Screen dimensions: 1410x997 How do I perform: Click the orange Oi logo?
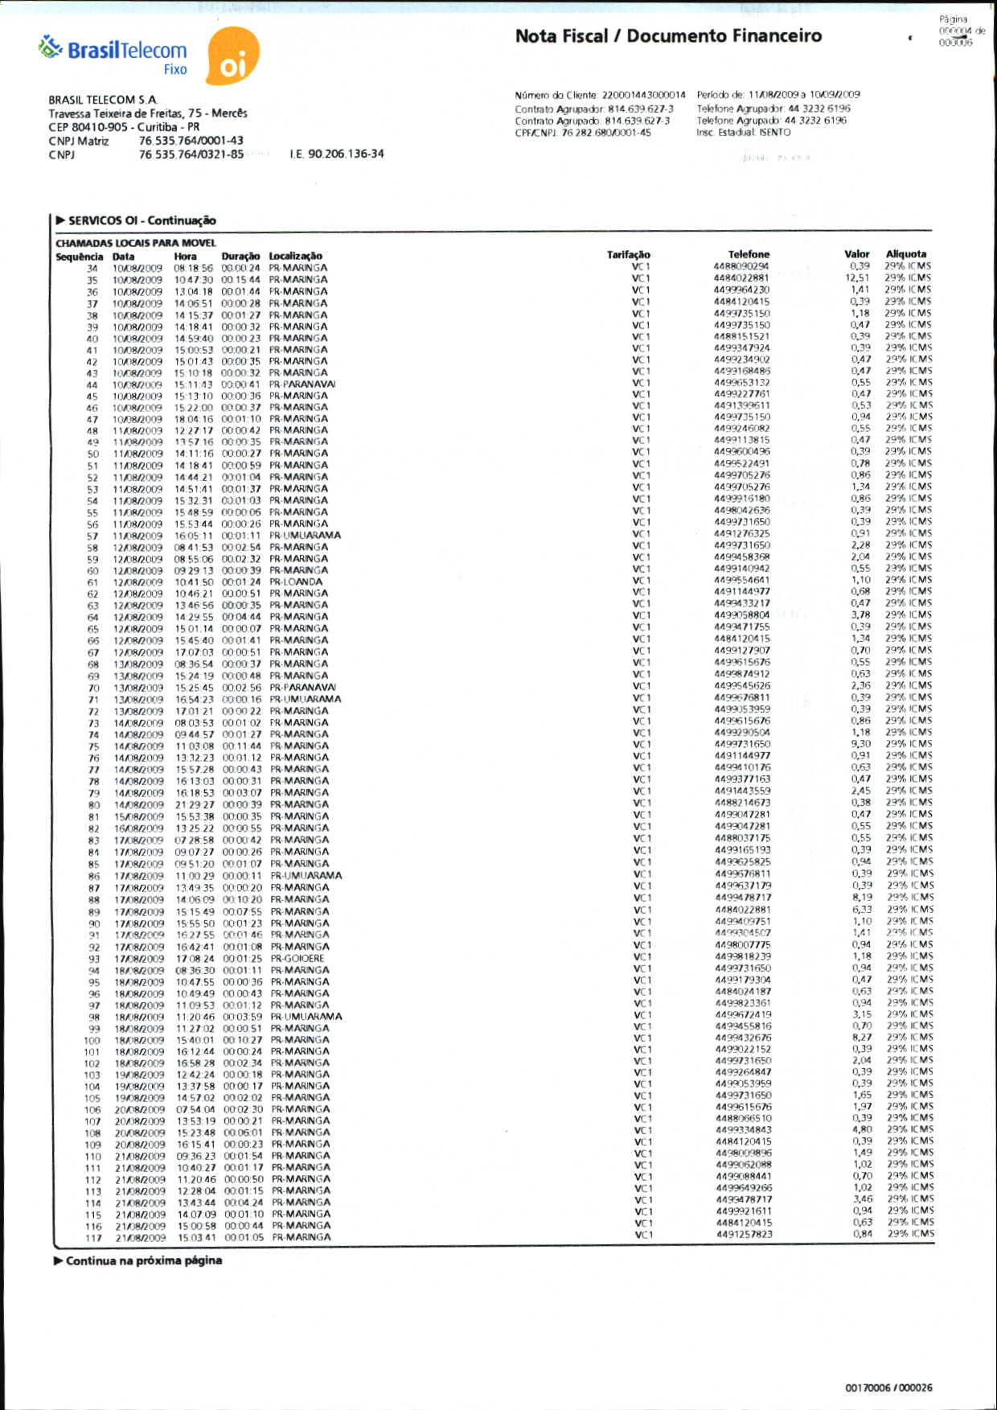click(x=232, y=56)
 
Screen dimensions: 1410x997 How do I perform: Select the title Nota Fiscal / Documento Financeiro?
click(x=668, y=36)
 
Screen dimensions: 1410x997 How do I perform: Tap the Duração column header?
click(x=240, y=256)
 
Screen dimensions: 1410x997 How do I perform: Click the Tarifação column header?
click(x=628, y=254)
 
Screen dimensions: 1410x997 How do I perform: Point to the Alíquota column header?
click(x=906, y=253)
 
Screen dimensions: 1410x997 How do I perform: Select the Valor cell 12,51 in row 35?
click(x=857, y=278)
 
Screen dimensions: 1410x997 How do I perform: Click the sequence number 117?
click(x=93, y=1238)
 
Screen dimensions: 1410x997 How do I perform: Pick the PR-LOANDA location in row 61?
click(x=296, y=582)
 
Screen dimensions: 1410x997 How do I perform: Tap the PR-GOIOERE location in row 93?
click(x=297, y=958)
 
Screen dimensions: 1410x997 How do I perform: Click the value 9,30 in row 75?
click(x=860, y=744)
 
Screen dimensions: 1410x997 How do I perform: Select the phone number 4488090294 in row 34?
click(x=741, y=266)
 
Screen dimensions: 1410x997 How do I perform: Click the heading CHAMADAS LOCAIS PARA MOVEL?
click(x=136, y=243)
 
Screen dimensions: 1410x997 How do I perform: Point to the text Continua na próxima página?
click(x=144, y=1260)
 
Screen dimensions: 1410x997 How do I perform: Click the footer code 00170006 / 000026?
click(x=888, y=1387)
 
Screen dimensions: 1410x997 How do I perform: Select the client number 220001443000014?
click(x=643, y=95)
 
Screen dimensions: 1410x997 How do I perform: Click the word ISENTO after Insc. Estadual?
click(x=774, y=132)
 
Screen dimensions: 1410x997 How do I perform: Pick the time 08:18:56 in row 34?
click(x=194, y=268)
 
